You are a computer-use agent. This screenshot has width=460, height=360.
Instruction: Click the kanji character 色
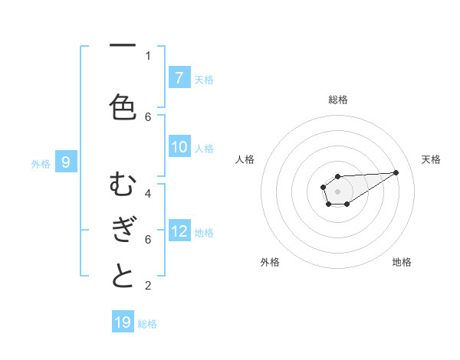[x=123, y=106]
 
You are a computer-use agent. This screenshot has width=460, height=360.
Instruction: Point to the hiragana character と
[x=123, y=276]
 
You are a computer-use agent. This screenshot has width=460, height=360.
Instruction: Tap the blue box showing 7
[x=179, y=78]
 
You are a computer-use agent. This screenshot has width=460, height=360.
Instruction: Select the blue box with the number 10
[x=179, y=148]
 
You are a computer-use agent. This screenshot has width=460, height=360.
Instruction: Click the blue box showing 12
[x=179, y=231]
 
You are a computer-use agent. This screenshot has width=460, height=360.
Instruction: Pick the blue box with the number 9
[x=66, y=162]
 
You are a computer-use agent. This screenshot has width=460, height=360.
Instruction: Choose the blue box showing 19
[x=123, y=322]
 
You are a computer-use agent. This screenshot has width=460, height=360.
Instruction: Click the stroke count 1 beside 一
[x=148, y=55]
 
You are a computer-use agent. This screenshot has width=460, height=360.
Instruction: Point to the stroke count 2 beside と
[x=148, y=286]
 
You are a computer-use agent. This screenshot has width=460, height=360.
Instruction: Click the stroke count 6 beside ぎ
[x=148, y=239]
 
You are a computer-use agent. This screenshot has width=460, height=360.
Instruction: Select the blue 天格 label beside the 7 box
[x=204, y=79]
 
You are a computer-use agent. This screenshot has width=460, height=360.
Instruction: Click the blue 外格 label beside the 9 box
[x=41, y=163]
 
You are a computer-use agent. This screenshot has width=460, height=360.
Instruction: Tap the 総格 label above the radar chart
[x=337, y=100]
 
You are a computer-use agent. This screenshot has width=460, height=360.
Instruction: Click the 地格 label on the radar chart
[x=402, y=262]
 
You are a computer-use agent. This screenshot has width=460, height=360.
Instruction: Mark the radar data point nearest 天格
[x=396, y=172]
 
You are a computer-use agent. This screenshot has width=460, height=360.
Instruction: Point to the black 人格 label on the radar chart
[x=245, y=159]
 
